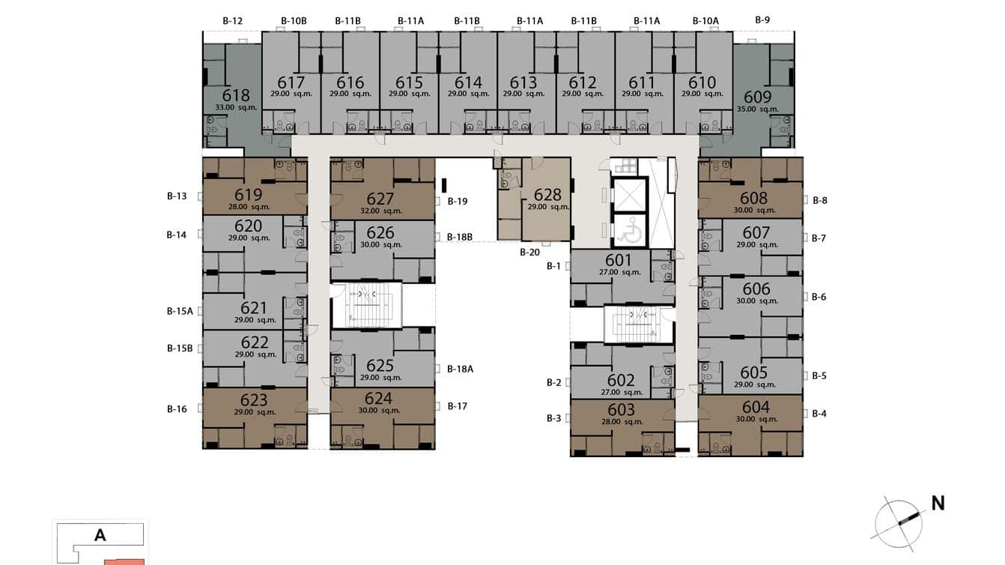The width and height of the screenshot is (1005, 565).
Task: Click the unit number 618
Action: point(236,95)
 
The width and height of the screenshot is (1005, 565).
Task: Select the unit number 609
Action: point(757,97)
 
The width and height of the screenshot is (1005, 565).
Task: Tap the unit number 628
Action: point(547,195)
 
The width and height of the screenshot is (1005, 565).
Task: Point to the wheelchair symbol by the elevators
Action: point(631,231)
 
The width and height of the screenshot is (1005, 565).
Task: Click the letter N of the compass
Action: point(937,504)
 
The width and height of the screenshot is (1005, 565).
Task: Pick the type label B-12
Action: point(233,20)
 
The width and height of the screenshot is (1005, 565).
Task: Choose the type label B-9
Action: point(762,19)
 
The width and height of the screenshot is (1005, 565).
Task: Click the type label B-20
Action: point(529,253)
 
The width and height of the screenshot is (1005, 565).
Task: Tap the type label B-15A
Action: point(180,311)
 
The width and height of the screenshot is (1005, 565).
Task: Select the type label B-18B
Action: point(460,237)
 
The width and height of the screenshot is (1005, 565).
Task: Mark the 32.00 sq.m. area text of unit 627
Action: point(380,211)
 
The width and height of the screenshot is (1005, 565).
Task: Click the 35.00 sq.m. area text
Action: point(758,109)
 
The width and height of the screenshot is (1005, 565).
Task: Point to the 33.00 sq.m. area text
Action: point(236,108)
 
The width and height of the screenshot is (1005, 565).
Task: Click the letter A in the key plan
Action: point(100,535)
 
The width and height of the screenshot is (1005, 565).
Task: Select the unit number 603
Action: point(622,409)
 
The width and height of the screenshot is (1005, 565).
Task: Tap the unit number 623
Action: point(255,399)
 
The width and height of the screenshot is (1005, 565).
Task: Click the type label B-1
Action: point(553,266)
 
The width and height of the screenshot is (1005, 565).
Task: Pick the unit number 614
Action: point(468,82)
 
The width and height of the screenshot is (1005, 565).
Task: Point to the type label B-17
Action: point(457,406)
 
